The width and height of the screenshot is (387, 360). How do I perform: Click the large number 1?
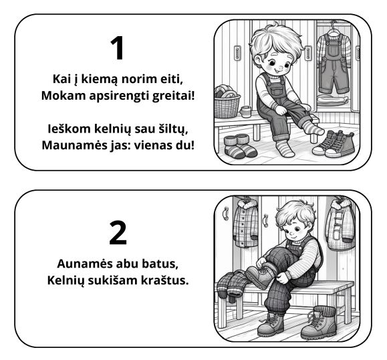tap(117, 49)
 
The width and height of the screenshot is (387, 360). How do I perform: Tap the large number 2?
tap(117, 232)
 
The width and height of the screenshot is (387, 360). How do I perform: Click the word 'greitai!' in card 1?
tap(168, 95)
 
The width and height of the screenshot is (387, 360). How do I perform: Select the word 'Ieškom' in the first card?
tap(69, 128)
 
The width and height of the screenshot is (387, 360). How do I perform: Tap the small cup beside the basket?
tap(246, 110)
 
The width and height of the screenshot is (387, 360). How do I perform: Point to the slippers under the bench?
tap(239, 146)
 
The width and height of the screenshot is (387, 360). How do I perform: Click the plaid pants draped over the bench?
tap(231, 284)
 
